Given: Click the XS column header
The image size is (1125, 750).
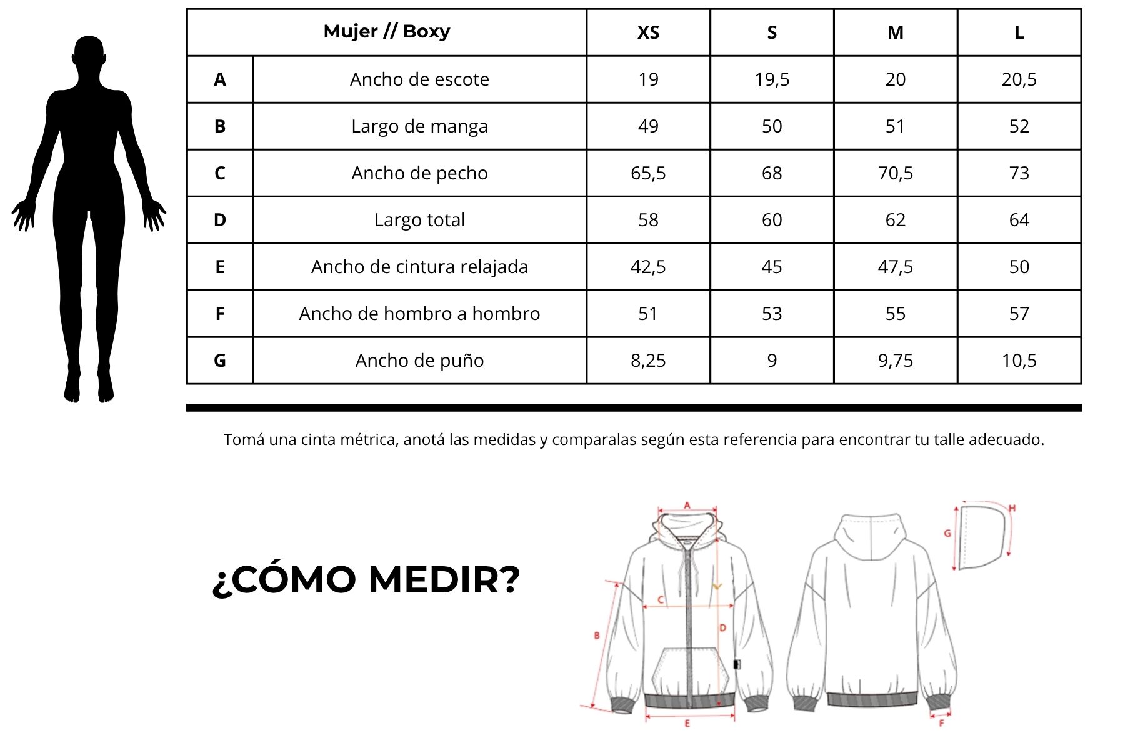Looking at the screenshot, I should click(x=648, y=32).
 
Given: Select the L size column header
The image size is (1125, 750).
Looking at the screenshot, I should click(x=1019, y=32).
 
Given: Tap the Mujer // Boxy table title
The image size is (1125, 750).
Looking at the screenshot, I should click(x=386, y=31).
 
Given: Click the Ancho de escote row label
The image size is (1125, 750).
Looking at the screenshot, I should click(x=419, y=79).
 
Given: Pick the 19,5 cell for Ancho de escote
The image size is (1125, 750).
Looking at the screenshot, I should click(x=772, y=79).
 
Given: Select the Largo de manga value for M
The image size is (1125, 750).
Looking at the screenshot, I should click(x=895, y=126).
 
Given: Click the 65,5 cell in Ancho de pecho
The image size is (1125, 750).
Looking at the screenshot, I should click(x=648, y=173).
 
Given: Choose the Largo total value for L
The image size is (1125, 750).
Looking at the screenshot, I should click(x=1019, y=220).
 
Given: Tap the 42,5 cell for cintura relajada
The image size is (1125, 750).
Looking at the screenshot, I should click(x=648, y=267).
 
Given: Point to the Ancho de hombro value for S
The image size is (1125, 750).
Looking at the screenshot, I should click(x=772, y=314).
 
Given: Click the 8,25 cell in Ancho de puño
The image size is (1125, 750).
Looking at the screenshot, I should click(x=648, y=361).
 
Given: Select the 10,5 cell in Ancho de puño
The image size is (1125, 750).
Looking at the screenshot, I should click(x=1019, y=361).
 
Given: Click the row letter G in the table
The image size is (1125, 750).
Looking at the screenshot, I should click(x=220, y=361).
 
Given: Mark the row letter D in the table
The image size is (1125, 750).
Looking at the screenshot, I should click(x=220, y=220).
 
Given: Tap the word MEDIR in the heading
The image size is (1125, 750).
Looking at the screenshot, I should click(x=444, y=580).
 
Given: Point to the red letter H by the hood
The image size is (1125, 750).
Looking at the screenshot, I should click(x=1012, y=509).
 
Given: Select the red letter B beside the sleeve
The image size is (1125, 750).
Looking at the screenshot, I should click(x=597, y=636).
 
